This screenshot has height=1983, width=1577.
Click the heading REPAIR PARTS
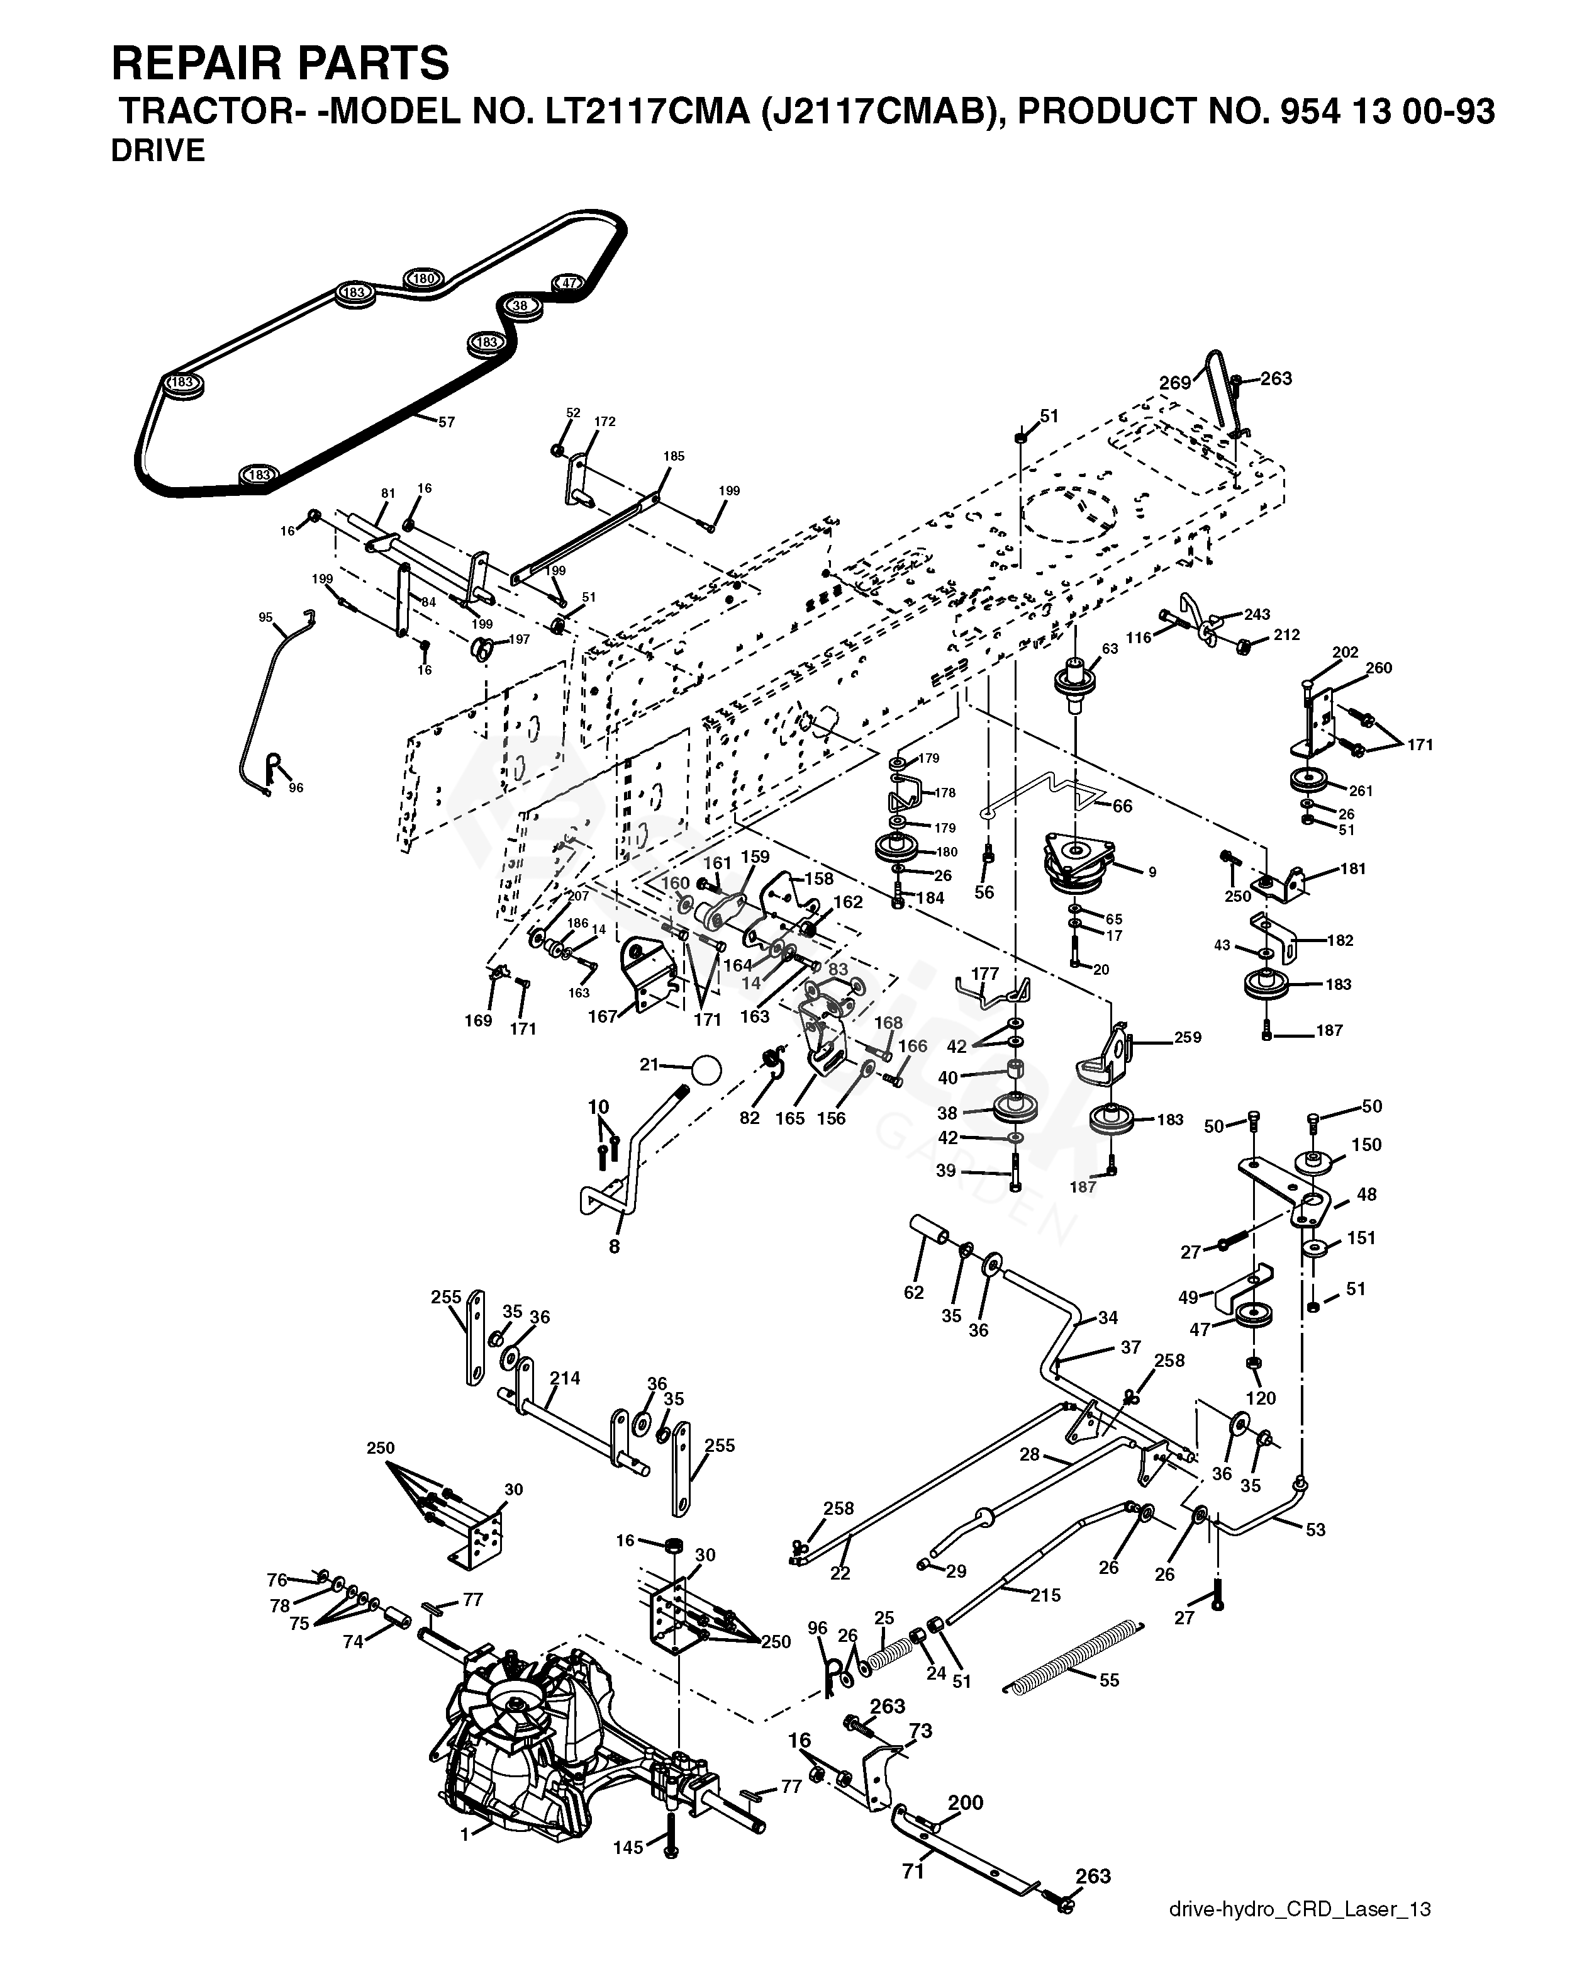[x=281, y=64]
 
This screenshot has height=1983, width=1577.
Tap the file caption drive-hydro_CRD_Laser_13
[x=1300, y=1935]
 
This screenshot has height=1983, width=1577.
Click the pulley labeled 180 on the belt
[x=423, y=279]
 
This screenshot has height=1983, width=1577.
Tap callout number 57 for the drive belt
[x=445, y=422]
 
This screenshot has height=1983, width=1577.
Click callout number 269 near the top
[x=1175, y=383]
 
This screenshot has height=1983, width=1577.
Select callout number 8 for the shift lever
[x=614, y=1247]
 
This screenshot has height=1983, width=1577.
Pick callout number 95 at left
[x=265, y=618]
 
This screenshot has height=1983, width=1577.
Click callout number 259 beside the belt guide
[x=1187, y=1038]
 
